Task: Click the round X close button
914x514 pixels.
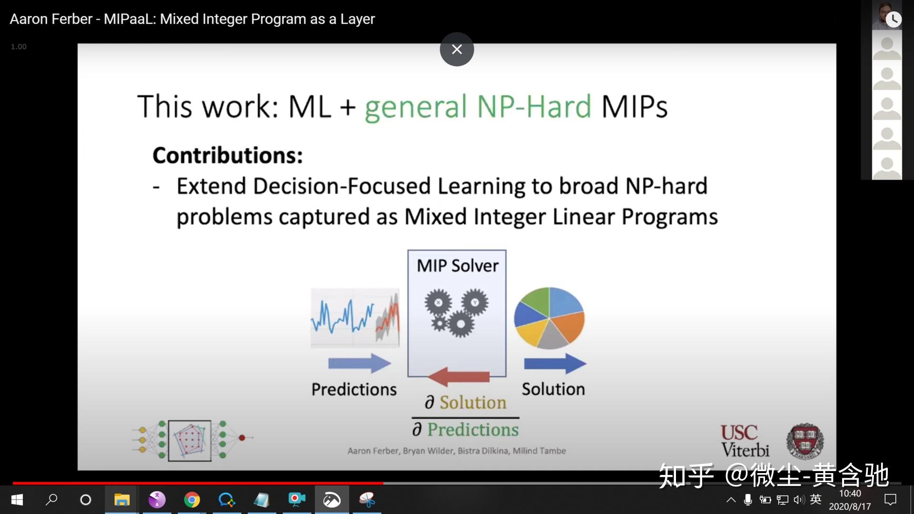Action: pyautogui.click(x=457, y=49)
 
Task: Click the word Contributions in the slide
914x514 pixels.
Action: pyautogui.click(x=228, y=155)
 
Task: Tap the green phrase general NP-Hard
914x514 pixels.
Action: pyautogui.click(x=478, y=107)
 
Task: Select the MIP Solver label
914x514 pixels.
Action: pyautogui.click(x=457, y=266)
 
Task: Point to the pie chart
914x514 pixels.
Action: pyautogui.click(x=549, y=318)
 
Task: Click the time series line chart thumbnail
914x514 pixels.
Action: pyautogui.click(x=355, y=318)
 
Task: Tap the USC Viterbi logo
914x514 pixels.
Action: pyautogui.click(x=745, y=441)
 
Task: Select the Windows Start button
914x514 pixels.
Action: pyautogui.click(x=17, y=500)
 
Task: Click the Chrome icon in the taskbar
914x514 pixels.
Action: pyautogui.click(x=192, y=500)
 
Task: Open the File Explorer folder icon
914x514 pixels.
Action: pyautogui.click(x=122, y=500)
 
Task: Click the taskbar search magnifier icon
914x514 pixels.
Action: pyautogui.click(x=51, y=500)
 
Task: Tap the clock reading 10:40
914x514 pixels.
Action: pyautogui.click(x=850, y=494)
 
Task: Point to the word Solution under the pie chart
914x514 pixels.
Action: pyautogui.click(x=553, y=389)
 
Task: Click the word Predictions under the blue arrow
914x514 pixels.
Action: pyautogui.click(x=354, y=389)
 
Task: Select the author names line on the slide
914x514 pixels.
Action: pyautogui.click(x=457, y=451)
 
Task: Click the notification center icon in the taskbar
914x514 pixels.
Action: pyautogui.click(x=890, y=500)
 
